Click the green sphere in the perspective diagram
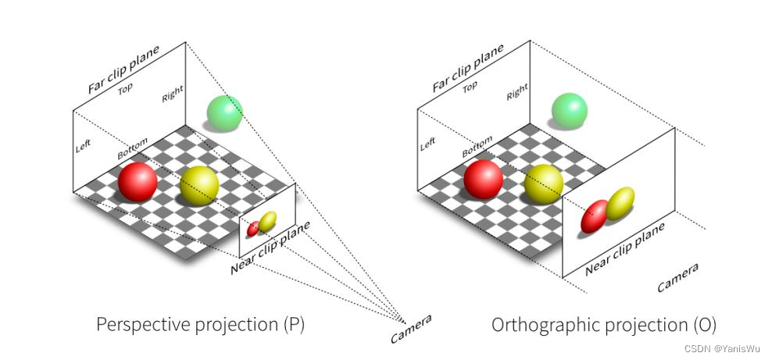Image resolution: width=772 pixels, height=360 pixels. (225, 113)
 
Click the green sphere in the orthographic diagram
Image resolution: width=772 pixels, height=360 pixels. (570, 111)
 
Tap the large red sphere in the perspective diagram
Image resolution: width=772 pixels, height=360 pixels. (138, 182)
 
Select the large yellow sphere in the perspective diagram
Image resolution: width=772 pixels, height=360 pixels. (199, 186)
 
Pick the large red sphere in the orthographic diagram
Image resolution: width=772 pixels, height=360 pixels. (484, 180)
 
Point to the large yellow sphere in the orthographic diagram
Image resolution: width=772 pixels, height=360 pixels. (544, 184)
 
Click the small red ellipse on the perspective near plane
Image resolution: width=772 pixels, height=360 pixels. (253, 229)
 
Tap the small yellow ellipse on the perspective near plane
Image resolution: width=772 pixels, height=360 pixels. (267, 222)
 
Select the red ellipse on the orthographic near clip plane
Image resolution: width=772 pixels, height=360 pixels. (595, 216)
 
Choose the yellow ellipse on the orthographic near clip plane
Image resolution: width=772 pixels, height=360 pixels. (620, 204)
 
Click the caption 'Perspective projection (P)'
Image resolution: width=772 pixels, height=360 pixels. (200, 325)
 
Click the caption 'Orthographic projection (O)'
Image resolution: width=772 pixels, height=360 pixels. (604, 325)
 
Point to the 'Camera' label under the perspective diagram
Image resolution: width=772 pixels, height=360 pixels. (411, 329)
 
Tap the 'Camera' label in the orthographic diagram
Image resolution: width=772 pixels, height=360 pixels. (677, 278)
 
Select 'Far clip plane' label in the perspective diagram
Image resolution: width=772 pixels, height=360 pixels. (123, 70)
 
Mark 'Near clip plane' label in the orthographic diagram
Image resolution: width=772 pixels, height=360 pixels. (625, 248)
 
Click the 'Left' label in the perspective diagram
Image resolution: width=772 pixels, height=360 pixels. (83, 145)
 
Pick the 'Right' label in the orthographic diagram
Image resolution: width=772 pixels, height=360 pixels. (517, 92)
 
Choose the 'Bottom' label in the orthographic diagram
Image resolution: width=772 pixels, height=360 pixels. (477, 147)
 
